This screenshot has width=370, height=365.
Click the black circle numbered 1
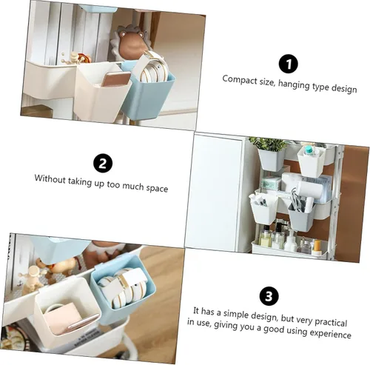(288, 64)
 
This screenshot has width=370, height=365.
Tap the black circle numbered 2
(103, 164)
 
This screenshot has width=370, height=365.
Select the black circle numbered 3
(269, 296)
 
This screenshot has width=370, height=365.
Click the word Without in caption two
(50, 178)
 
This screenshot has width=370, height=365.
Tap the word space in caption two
(157, 189)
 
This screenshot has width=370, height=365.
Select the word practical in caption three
(331, 322)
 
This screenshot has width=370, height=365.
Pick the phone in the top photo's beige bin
(115, 79)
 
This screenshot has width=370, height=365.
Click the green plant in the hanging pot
(268, 144)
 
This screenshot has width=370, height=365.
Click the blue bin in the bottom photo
(123, 287)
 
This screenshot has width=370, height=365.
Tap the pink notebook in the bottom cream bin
(63, 318)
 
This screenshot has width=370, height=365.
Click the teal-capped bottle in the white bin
(309, 150)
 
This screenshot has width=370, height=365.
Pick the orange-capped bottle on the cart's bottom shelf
(317, 247)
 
